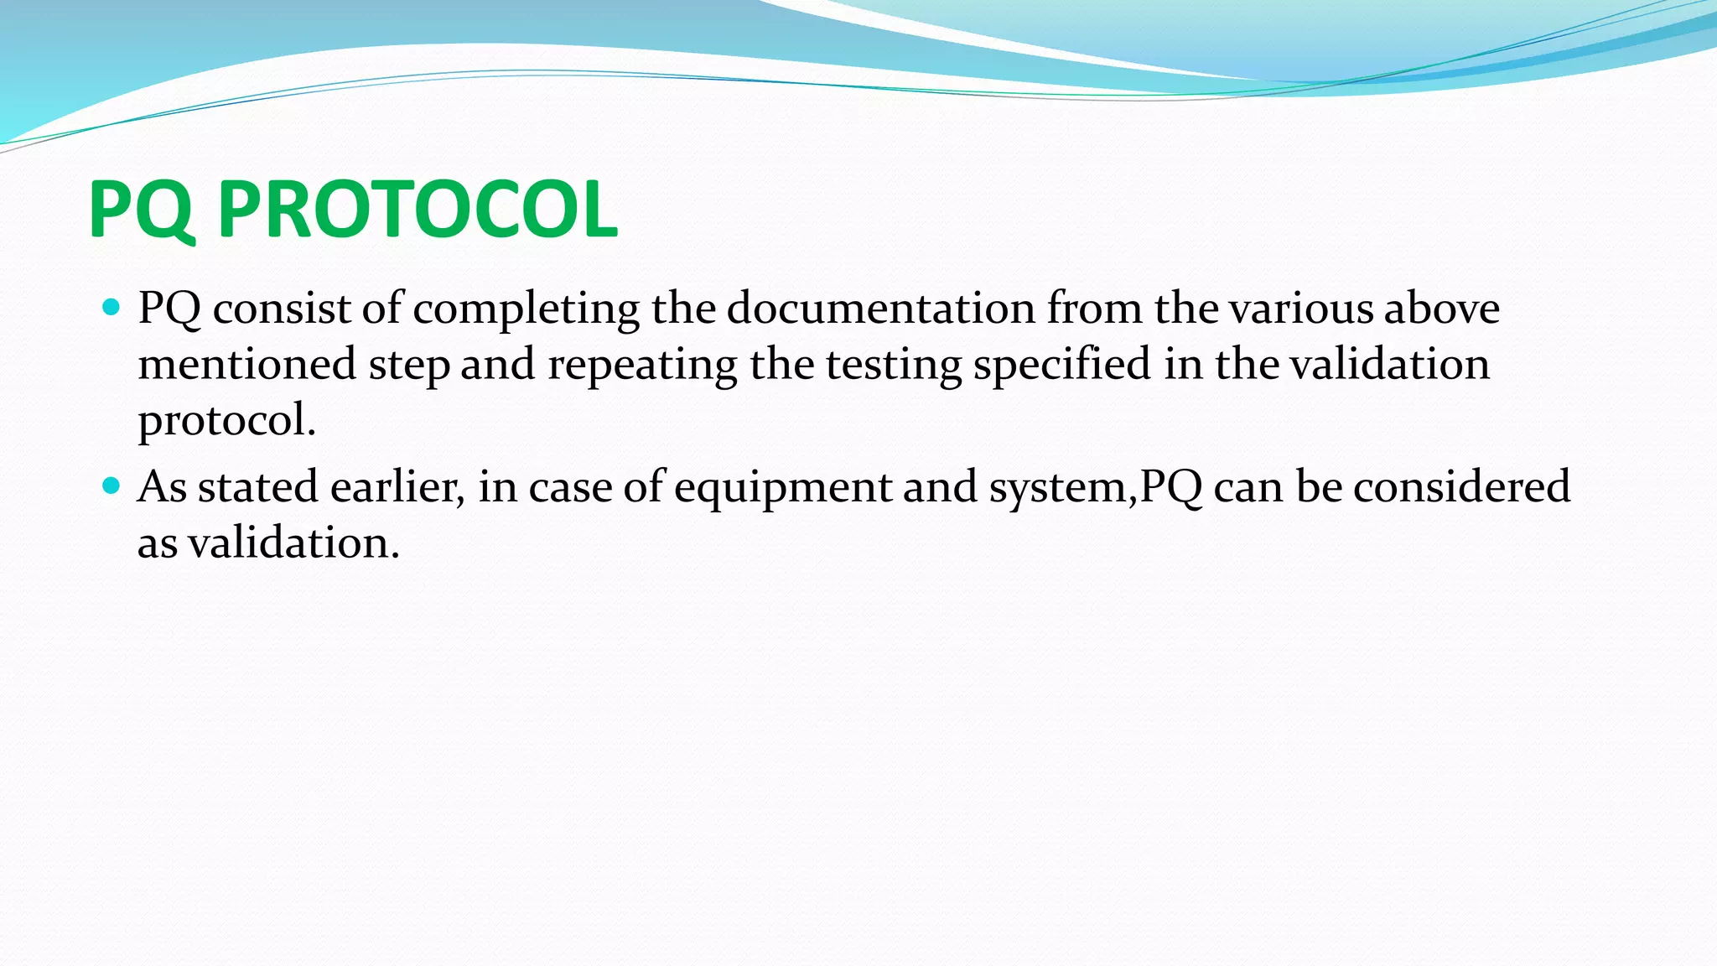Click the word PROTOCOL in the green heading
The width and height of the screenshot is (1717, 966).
pos(418,210)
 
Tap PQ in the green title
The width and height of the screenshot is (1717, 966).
pos(141,210)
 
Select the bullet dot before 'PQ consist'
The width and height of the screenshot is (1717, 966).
pos(111,307)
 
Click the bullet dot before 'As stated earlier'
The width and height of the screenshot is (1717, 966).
pos(111,486)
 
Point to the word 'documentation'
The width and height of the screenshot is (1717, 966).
pos(880,309)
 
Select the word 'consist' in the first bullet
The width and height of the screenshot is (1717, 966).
pos(282,309)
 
